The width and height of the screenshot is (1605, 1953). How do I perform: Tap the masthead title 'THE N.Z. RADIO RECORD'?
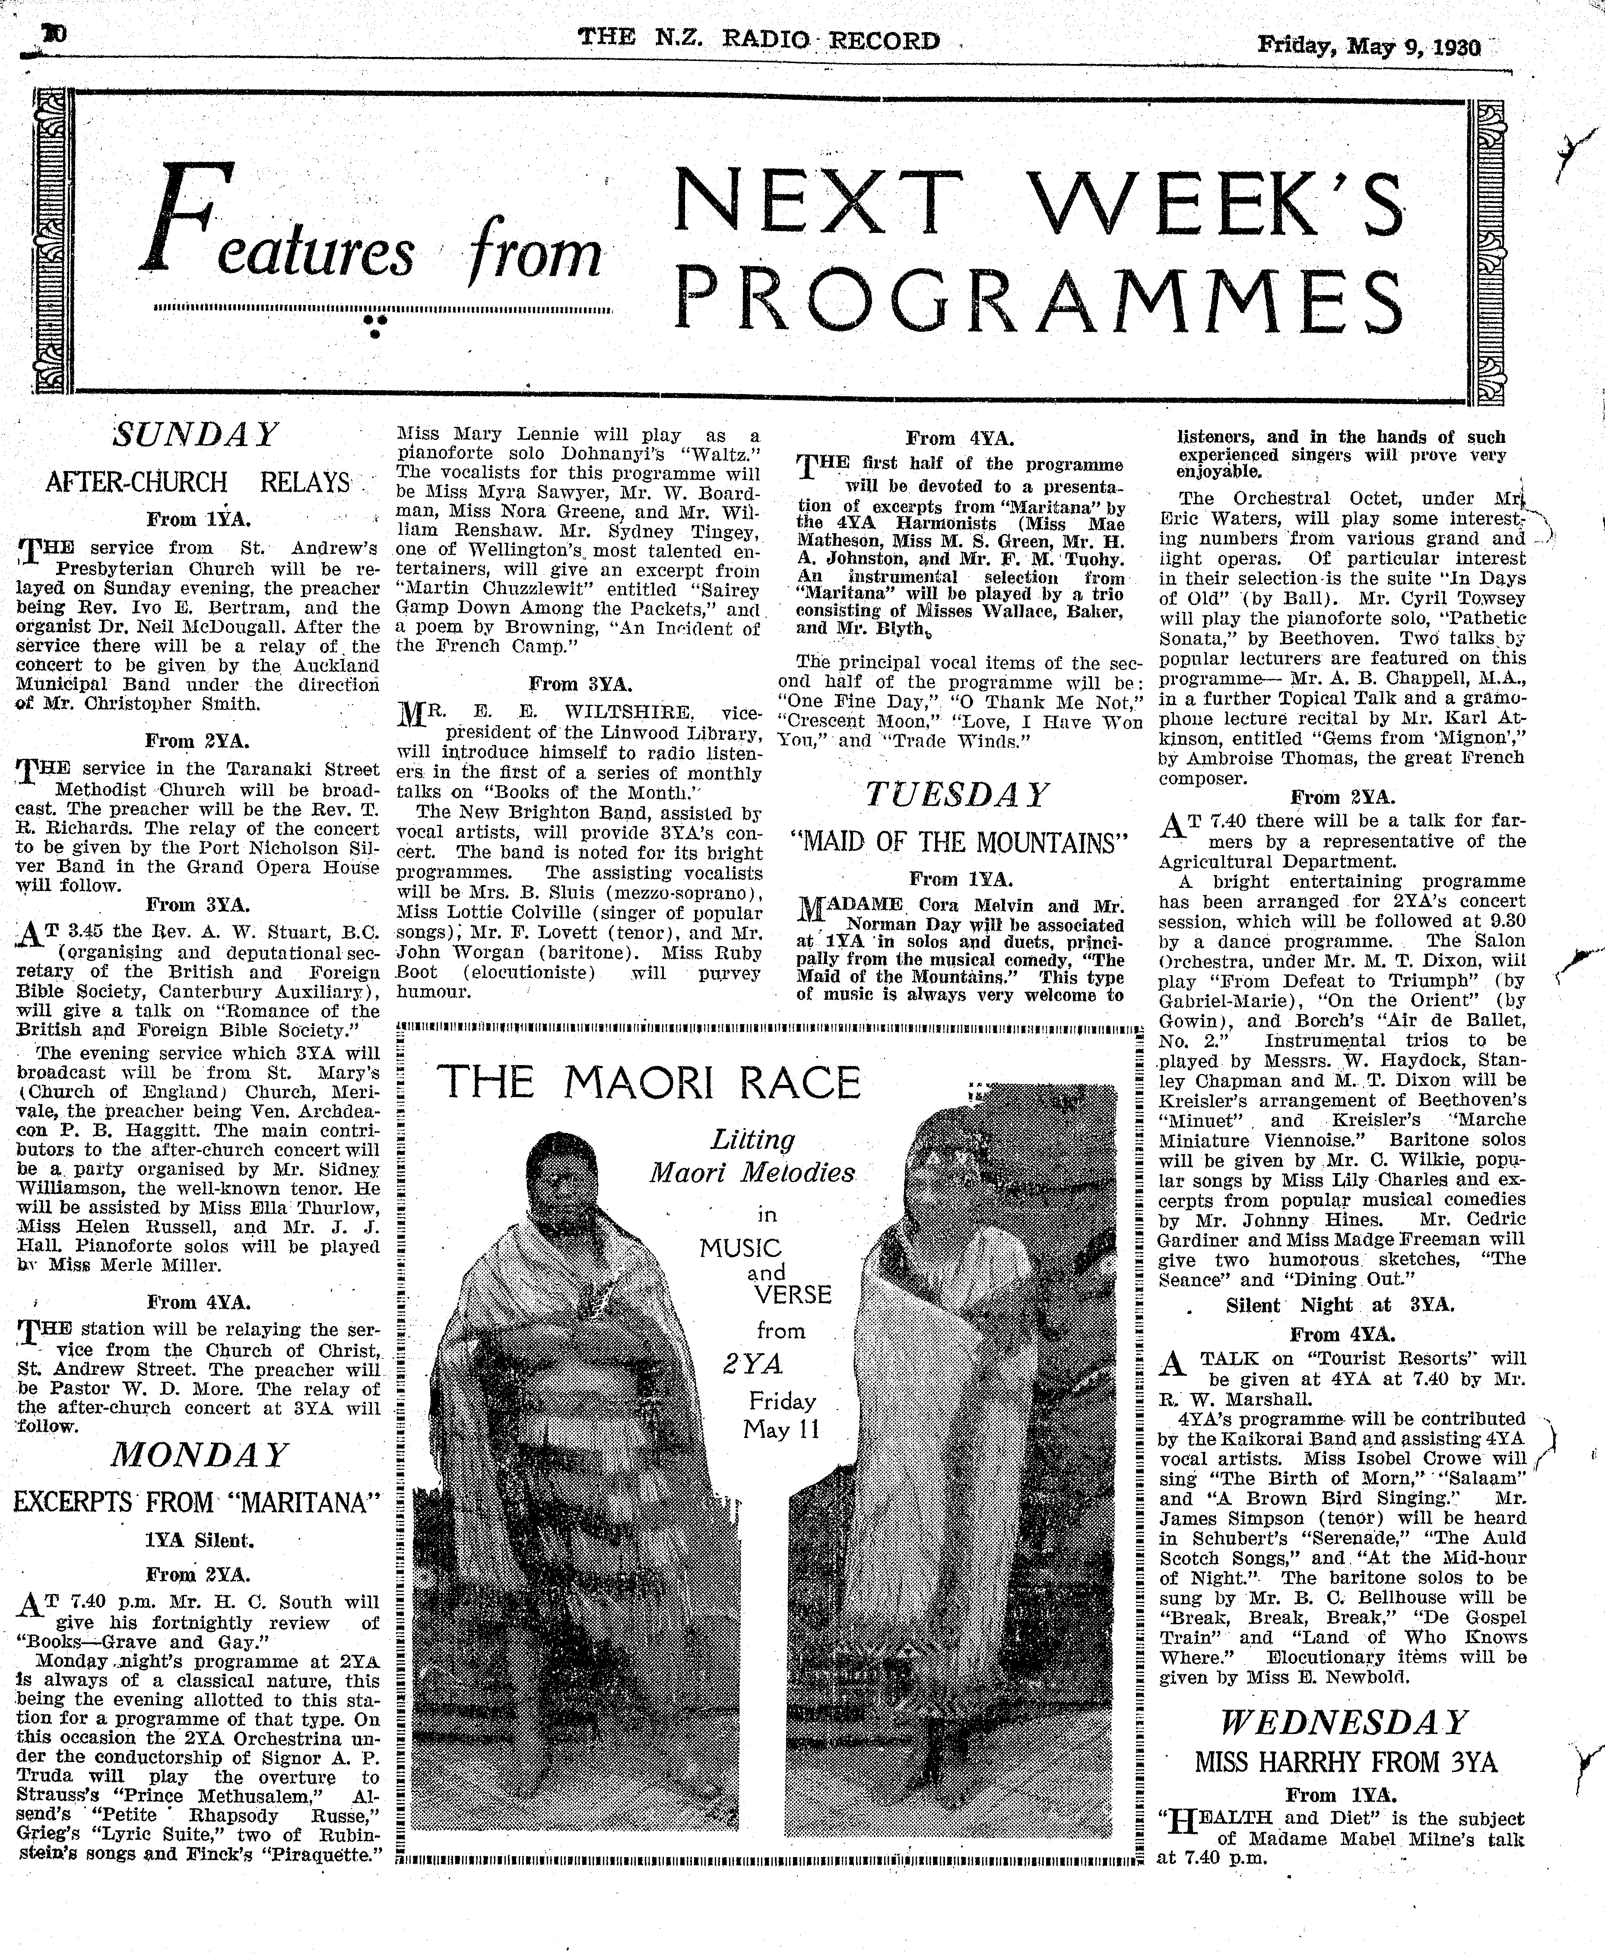click(758, 40)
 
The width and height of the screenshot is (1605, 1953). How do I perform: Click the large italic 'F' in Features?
click(180, 219)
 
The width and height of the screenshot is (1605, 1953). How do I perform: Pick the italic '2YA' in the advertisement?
click(754, 1363)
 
